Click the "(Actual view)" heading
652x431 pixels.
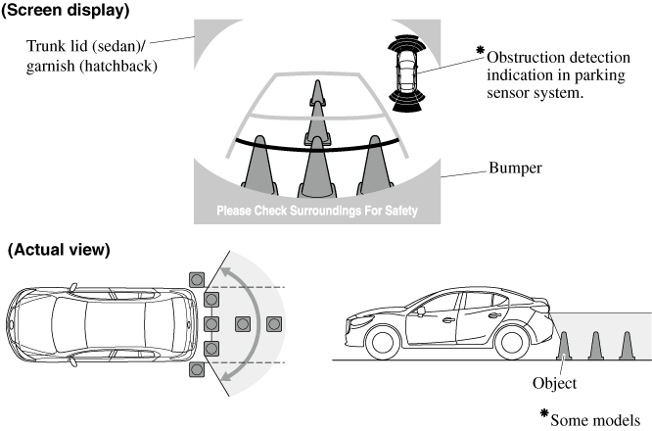pos(58,250)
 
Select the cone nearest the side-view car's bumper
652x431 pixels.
pos(563,345)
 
